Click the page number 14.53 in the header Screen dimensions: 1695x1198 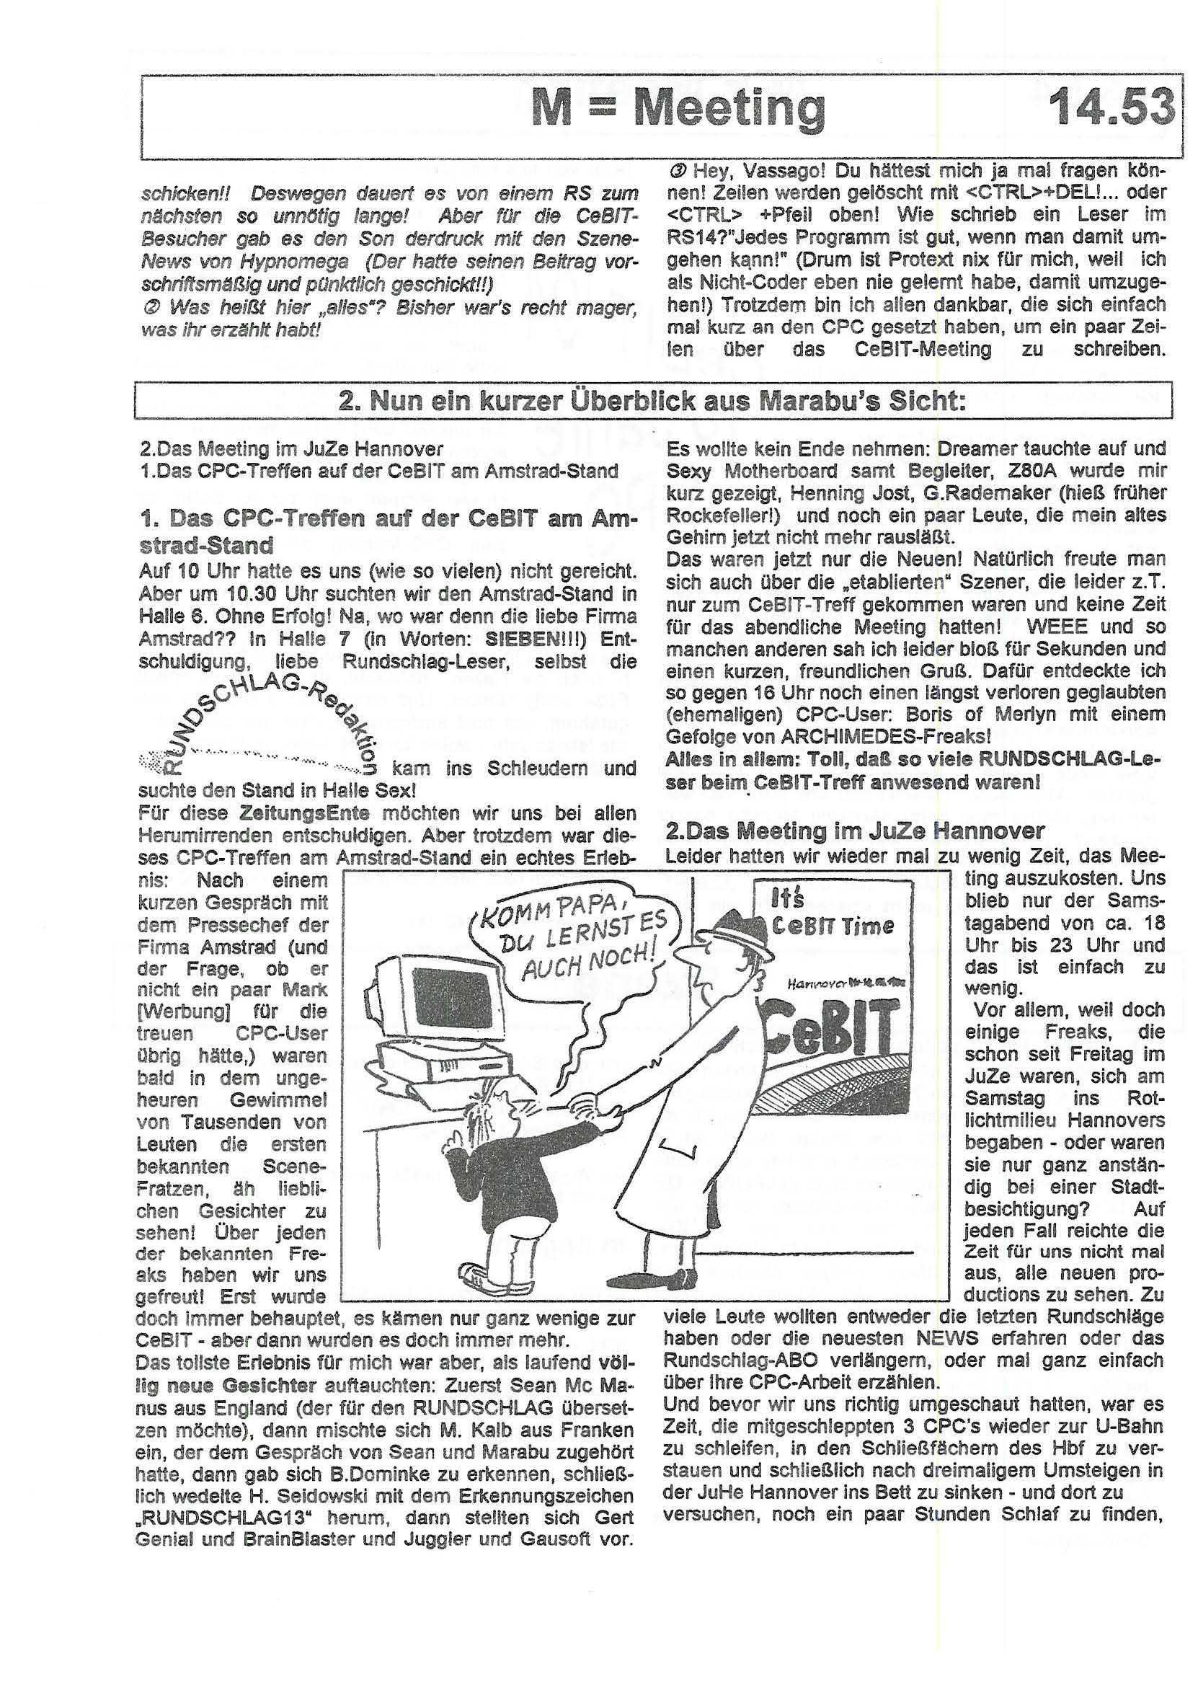click(x=1111, y=107)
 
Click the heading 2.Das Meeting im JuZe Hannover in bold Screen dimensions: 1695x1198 click(x=855, y=832)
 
